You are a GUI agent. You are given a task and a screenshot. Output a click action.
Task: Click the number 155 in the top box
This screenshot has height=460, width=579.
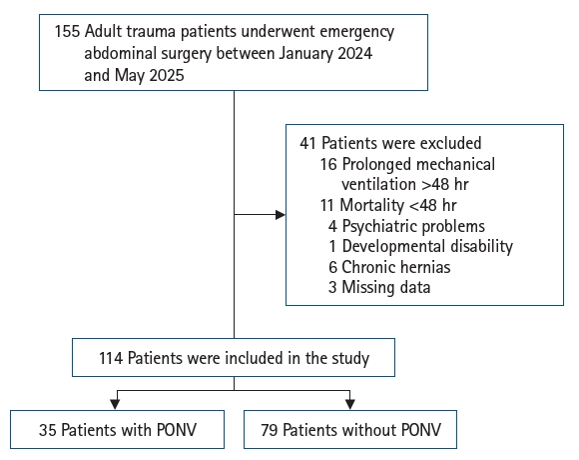click(67, 31)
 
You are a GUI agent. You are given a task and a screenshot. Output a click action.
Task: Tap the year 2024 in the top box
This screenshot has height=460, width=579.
click(354, 53)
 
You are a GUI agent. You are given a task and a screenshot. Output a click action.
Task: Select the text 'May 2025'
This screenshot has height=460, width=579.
click(149, 75)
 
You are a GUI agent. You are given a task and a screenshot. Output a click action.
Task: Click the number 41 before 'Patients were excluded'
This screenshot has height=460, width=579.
click(307, 143)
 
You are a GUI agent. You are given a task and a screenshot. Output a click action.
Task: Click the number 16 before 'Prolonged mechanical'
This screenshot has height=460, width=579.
click(328, 164)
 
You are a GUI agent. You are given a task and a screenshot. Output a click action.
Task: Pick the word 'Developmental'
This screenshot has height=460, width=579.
click(388, 247)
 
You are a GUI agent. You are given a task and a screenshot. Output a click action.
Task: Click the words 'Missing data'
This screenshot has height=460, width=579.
click(386, 287)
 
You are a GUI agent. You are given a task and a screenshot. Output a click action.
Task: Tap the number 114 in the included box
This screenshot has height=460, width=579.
click(111, 358)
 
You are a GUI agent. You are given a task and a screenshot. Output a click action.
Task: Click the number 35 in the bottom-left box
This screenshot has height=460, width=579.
click(48, 430)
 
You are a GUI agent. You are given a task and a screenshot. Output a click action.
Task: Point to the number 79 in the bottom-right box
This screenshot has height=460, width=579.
click(270, 430)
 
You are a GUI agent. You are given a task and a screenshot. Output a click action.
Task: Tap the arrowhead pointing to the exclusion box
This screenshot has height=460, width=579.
click(281, 214)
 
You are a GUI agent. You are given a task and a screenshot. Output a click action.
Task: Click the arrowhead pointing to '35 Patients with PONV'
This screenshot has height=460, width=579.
click(115, 405)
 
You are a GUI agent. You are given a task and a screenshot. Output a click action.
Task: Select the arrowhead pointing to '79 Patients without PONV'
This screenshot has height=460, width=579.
click(350, 405)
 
